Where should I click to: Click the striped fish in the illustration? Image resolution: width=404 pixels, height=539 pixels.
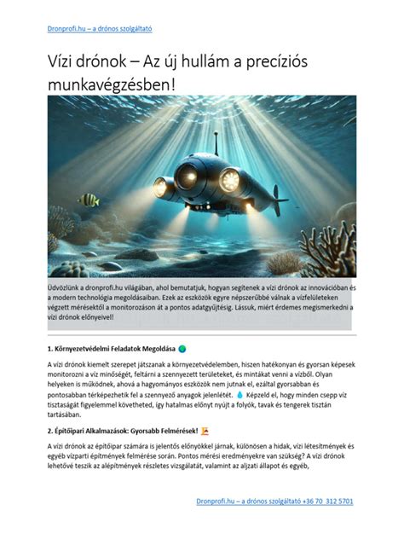click(88, 200)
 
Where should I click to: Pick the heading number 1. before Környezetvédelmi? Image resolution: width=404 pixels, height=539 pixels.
click(51, 348)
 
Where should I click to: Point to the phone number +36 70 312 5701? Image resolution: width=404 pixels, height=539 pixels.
click(322, 502)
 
